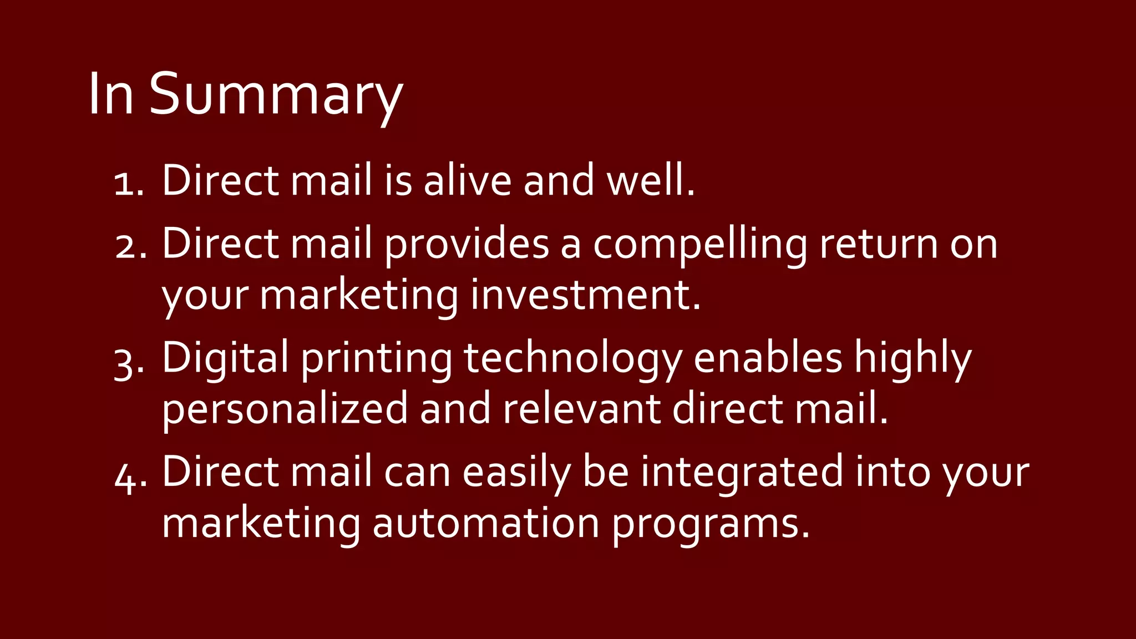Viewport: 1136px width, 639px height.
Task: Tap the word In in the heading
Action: (111, 94)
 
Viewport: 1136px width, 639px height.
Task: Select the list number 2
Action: (131, 246)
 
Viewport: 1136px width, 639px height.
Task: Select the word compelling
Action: (700, 245)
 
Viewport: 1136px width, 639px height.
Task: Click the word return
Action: (879, 245)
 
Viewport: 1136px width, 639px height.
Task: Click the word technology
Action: (572, 359)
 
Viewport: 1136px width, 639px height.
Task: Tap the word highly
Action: (912, 359)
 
